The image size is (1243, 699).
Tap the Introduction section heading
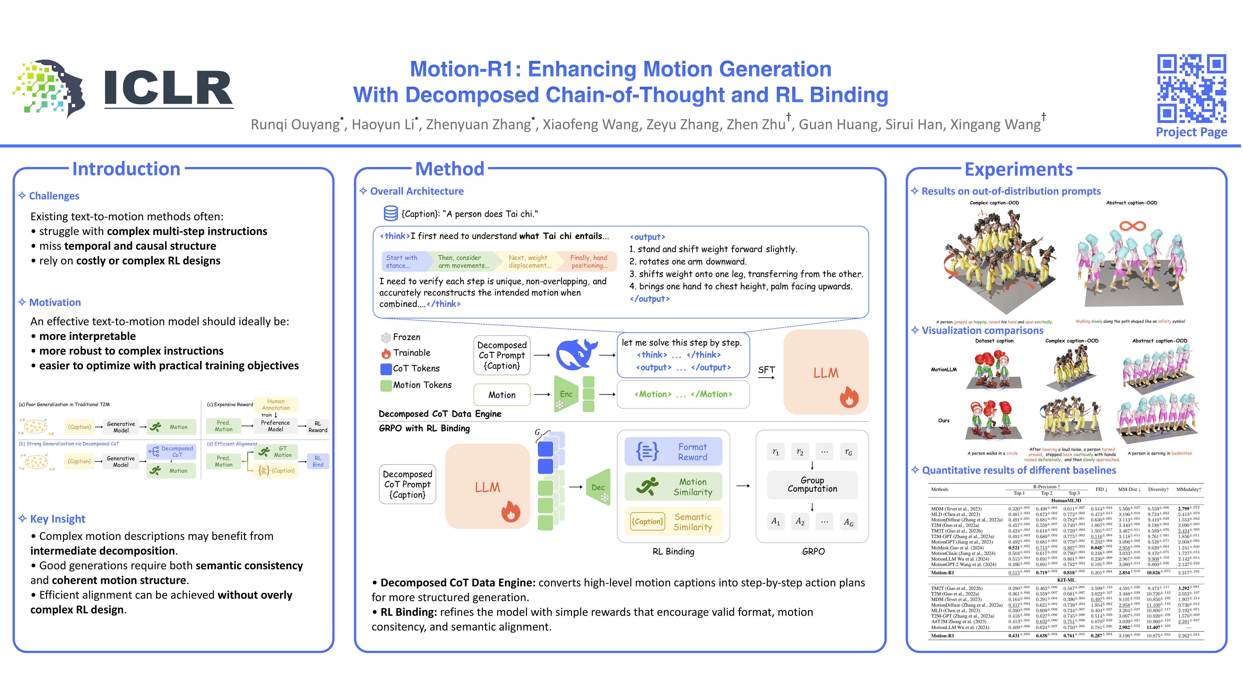(x=126, y=169)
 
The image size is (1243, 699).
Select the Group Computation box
(x=812, y=484)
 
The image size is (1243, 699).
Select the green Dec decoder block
(x=598, y=487)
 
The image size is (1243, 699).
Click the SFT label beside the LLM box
(x=766, y=370)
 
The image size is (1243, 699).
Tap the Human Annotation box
(x=276, y=404)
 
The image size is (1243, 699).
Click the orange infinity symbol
(x=1133, y=226)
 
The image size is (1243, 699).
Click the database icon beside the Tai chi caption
(x=390, y=213)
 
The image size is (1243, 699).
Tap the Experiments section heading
(x=1018, y=169)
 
